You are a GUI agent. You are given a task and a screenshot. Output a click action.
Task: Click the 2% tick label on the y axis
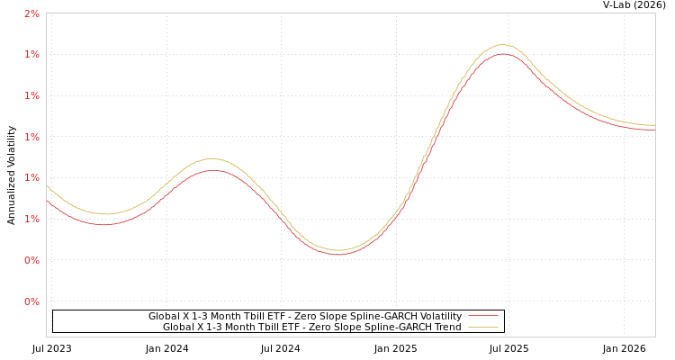31,13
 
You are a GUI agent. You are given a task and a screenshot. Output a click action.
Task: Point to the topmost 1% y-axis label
31,55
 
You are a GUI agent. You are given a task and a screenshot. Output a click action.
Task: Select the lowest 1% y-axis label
31,220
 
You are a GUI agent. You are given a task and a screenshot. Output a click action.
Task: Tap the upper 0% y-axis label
31,261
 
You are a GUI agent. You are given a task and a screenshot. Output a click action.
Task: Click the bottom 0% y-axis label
31,302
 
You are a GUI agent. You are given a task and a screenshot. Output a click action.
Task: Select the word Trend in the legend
446,328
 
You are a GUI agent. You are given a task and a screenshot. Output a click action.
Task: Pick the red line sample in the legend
483,317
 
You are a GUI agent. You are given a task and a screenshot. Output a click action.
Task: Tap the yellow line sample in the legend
483,328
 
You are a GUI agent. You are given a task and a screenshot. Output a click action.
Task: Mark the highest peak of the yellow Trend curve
502,44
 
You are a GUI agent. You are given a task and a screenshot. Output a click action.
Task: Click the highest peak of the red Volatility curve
502,54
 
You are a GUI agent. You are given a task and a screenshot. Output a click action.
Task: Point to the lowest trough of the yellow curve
337,250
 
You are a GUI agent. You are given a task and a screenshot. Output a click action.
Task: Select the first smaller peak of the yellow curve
211,159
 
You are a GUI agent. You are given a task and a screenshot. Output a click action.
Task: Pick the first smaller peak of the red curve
212,170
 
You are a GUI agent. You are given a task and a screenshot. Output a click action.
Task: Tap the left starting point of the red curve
47,200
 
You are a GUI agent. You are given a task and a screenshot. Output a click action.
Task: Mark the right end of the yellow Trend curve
654,125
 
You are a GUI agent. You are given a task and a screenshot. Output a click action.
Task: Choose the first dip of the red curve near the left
103,224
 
